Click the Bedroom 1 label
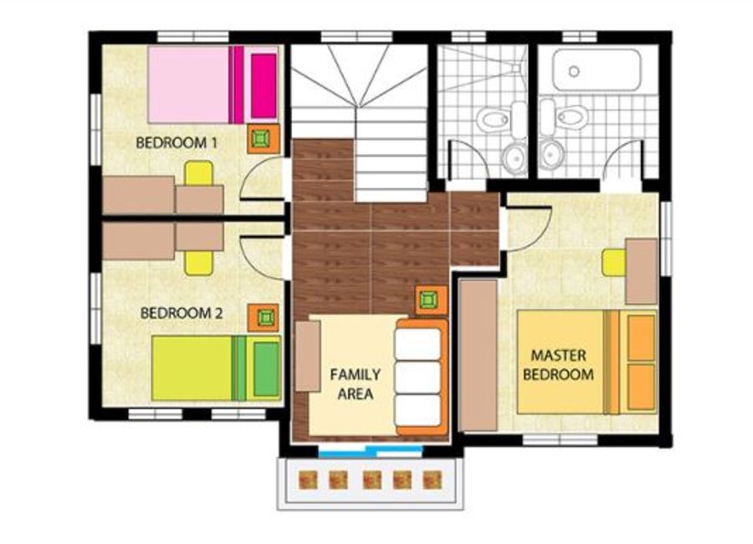[177, 143]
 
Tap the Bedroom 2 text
[181, 313]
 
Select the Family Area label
[356, 384]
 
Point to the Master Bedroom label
[559, 365]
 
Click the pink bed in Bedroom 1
[213, 85]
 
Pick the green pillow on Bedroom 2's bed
[266, 368]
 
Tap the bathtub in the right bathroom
[597, 70]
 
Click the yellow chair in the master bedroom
[614, 263]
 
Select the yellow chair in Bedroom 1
[199, 173]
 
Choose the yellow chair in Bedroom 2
[199, 263]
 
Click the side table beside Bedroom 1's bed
[264, 139]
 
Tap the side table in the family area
[431, 300]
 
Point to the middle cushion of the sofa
[417, 378]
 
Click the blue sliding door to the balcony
[371, 451]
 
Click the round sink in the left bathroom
[515, 157]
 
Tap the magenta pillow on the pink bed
[264, 86]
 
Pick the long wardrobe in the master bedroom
[479, 355]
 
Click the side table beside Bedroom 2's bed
[264, 318]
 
